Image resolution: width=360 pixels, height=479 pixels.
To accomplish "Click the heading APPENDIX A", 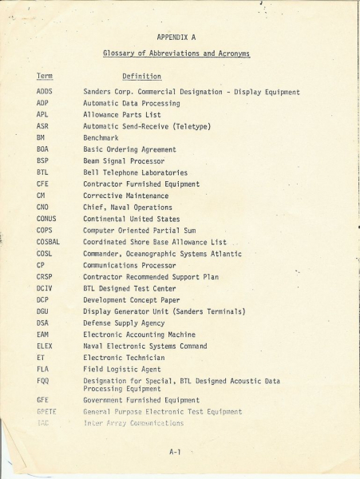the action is [x=177, y=37].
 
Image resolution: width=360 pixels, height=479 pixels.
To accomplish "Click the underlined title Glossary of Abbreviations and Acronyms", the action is [x=176, y=53].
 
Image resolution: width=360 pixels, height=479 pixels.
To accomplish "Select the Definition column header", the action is [x=141, y=77].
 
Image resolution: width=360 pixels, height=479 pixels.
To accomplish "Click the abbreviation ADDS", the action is [x=45, y=93].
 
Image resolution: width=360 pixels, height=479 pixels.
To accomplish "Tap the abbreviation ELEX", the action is [x=45, y=346].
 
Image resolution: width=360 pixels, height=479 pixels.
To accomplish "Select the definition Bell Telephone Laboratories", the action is [x=136, y=172].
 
